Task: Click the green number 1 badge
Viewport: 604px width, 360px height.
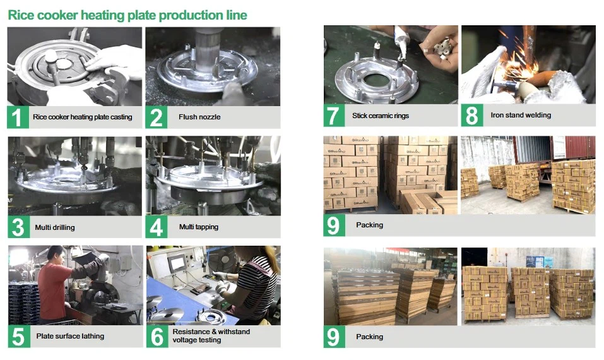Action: click(x=18, y=117)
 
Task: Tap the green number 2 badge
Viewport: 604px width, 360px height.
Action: click(x=156, y=117)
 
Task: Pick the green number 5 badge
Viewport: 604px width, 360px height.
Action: click(x=18, y=337)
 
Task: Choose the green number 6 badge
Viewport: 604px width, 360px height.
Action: click(x=156, y=337)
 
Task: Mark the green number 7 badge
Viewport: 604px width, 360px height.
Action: click(x=334, y=116)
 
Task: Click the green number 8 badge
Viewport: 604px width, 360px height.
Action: click(x=471, y=116)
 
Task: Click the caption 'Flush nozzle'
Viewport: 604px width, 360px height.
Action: click(x=199, y=117)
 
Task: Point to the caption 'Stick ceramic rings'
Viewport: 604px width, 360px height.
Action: click(x=381, y=116)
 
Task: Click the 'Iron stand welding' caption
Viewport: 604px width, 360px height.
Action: click(x=521, y=116)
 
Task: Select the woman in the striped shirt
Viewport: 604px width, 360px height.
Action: click(x=256, y=284)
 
